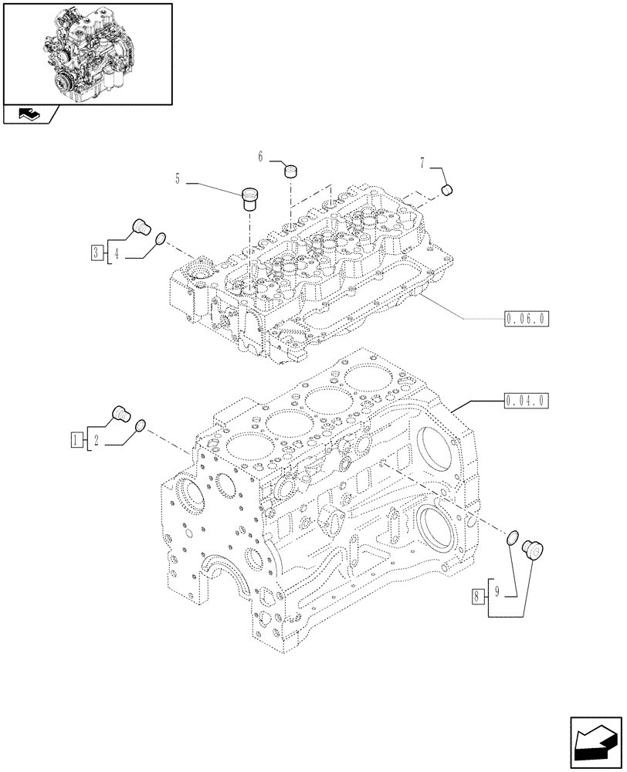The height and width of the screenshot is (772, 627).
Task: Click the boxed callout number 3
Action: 94,252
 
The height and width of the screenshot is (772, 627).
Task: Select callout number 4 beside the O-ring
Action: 116,252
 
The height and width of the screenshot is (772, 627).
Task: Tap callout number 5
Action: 178,180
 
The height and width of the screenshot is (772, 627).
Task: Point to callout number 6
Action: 261,157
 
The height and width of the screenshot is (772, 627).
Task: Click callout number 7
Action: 423,164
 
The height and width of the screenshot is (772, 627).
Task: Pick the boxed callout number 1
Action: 75,441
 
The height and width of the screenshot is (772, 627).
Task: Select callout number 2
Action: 96,441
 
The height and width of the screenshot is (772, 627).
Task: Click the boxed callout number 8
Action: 478,595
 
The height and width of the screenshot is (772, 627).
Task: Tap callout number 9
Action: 499,592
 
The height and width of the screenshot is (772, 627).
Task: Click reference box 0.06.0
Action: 526,317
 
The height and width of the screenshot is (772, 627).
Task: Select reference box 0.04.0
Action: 526,401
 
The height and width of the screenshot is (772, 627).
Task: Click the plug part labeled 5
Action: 250,198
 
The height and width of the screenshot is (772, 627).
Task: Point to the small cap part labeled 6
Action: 291,170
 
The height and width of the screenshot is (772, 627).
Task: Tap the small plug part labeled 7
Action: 447,191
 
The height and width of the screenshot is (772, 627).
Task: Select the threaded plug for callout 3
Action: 141,227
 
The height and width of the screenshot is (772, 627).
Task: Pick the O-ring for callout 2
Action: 140,427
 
